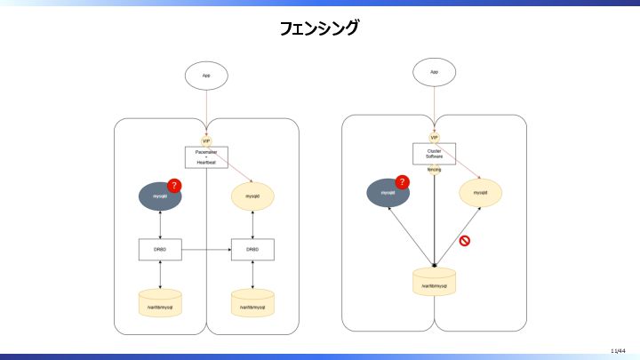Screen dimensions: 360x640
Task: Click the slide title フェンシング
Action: click(319, 28)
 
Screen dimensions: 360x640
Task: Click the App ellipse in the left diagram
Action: click(206, 76)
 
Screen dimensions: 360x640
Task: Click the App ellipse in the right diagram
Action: click(434, 72)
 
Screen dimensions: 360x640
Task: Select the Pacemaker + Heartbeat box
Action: click(206, 157)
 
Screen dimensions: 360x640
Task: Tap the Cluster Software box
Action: click(434, 154)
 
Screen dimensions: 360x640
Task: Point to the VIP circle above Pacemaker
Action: click(206, 140)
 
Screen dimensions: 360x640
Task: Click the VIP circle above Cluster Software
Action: click(434, 137)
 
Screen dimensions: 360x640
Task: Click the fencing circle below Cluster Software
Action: click(434, 169)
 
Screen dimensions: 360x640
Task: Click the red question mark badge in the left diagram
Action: click(175, 185)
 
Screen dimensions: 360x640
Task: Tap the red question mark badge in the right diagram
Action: click(402, 182)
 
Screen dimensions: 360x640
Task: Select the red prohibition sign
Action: click(464, 240)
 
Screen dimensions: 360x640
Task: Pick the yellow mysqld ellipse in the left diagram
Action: click(252, 196)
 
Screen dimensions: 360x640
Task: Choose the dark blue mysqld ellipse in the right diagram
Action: click(388, 193)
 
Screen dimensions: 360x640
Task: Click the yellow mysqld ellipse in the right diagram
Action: click(480, 193)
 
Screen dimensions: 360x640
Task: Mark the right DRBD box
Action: click(252, 250)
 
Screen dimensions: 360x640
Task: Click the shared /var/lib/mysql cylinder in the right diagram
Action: click(434, 284)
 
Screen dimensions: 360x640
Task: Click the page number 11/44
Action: click(619, 350)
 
